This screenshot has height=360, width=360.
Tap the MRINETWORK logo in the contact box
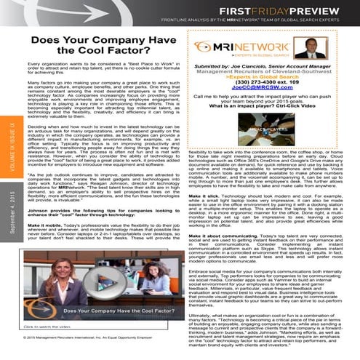click(x=236, y=47)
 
